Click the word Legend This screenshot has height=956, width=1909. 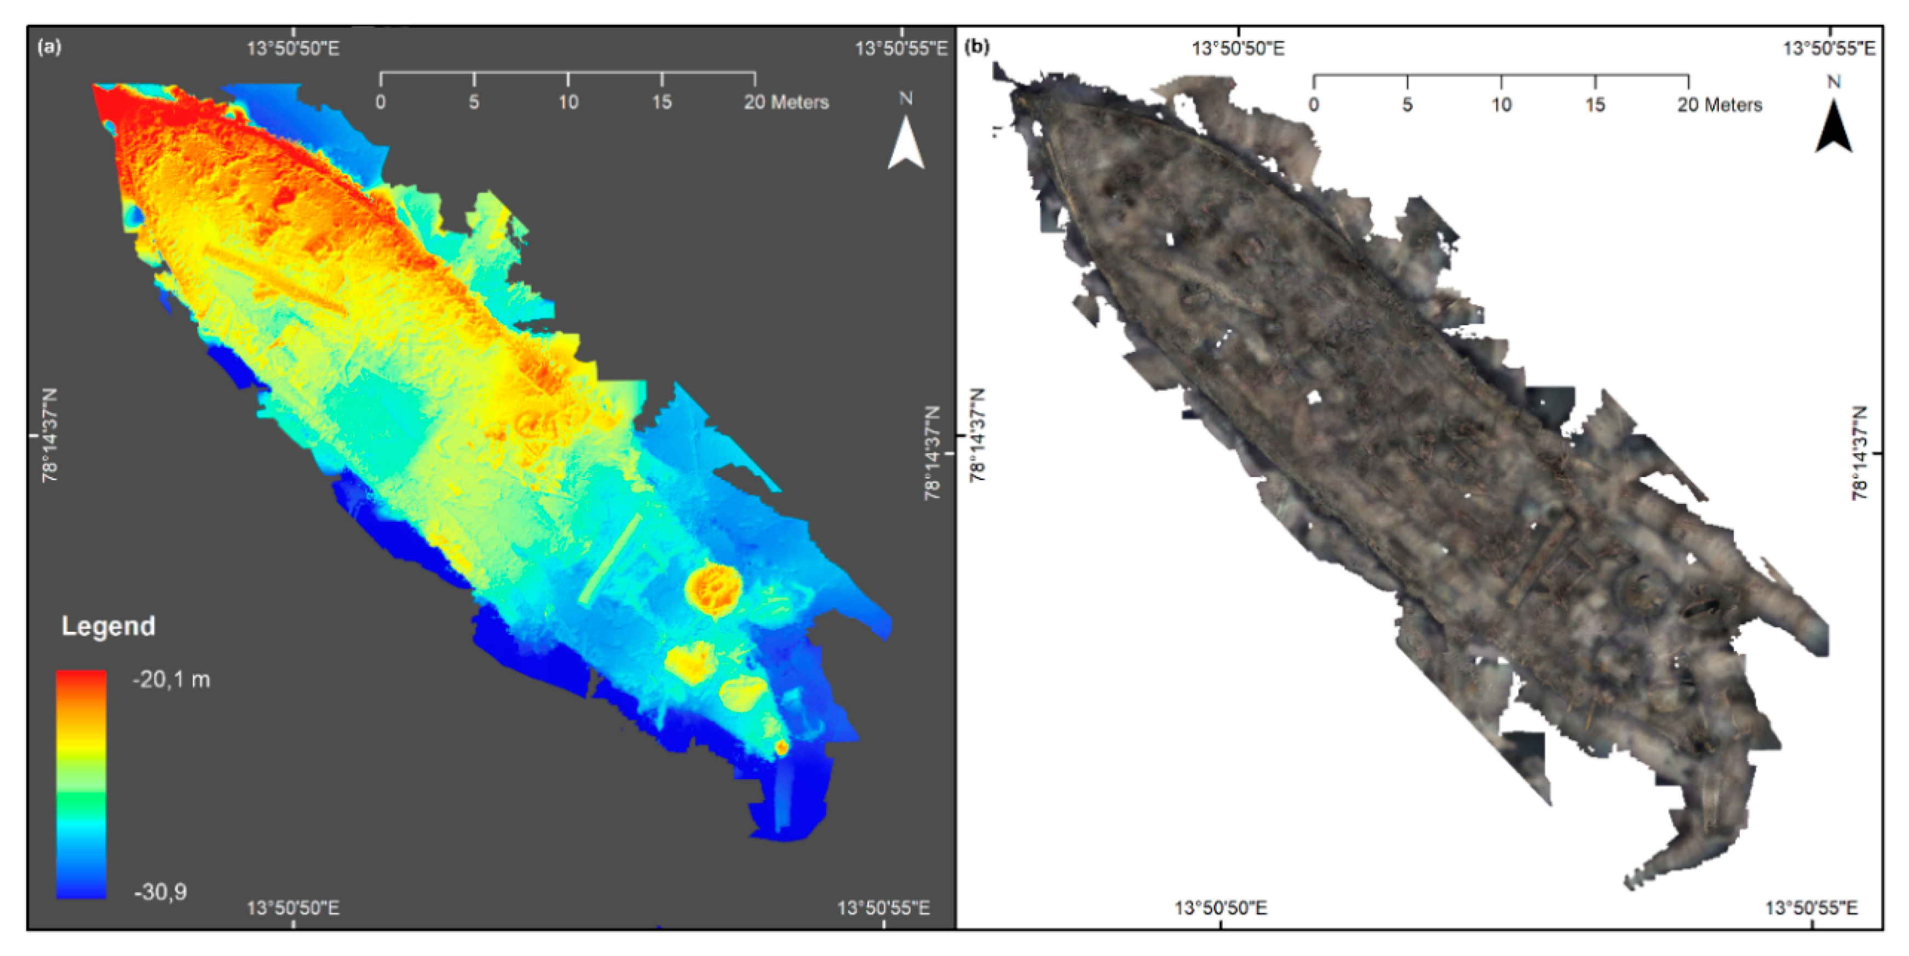point(108,626)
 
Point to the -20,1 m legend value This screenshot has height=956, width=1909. point(171,679)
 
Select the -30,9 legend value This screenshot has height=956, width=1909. point(160,891)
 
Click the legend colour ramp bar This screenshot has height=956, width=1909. point(82,784)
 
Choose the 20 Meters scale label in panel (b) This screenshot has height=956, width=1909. point(1720,105)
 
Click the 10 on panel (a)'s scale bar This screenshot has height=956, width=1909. point(568,102)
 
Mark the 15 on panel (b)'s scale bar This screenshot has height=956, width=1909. point(1595,105)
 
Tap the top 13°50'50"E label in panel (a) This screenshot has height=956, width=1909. point(293,49)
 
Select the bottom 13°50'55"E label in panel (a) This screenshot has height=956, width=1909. point(883,908)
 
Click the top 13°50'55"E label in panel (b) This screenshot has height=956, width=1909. point(1829,49)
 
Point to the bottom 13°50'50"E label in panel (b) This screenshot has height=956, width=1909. point(1221,908)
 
